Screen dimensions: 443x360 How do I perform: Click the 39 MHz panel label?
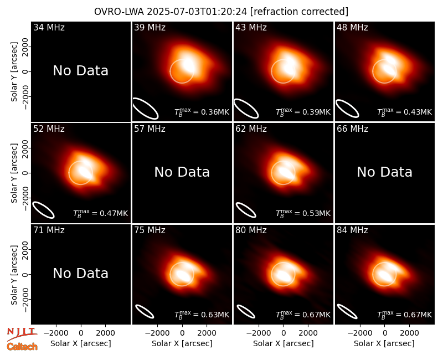point(150,27)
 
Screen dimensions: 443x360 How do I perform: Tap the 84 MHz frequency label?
point(352,230)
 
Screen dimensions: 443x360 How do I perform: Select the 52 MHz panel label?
point(49,129)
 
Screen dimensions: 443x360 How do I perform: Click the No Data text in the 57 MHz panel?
point(182,172)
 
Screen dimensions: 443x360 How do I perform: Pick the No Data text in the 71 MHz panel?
point(80,274)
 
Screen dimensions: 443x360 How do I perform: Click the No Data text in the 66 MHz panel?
point(384,172)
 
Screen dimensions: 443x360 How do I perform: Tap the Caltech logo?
point(22,347)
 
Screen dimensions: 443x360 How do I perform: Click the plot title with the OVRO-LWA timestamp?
point(221,12)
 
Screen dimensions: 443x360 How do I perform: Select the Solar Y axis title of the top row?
point(14,72)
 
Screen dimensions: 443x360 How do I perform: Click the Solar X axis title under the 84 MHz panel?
point(384,343)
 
